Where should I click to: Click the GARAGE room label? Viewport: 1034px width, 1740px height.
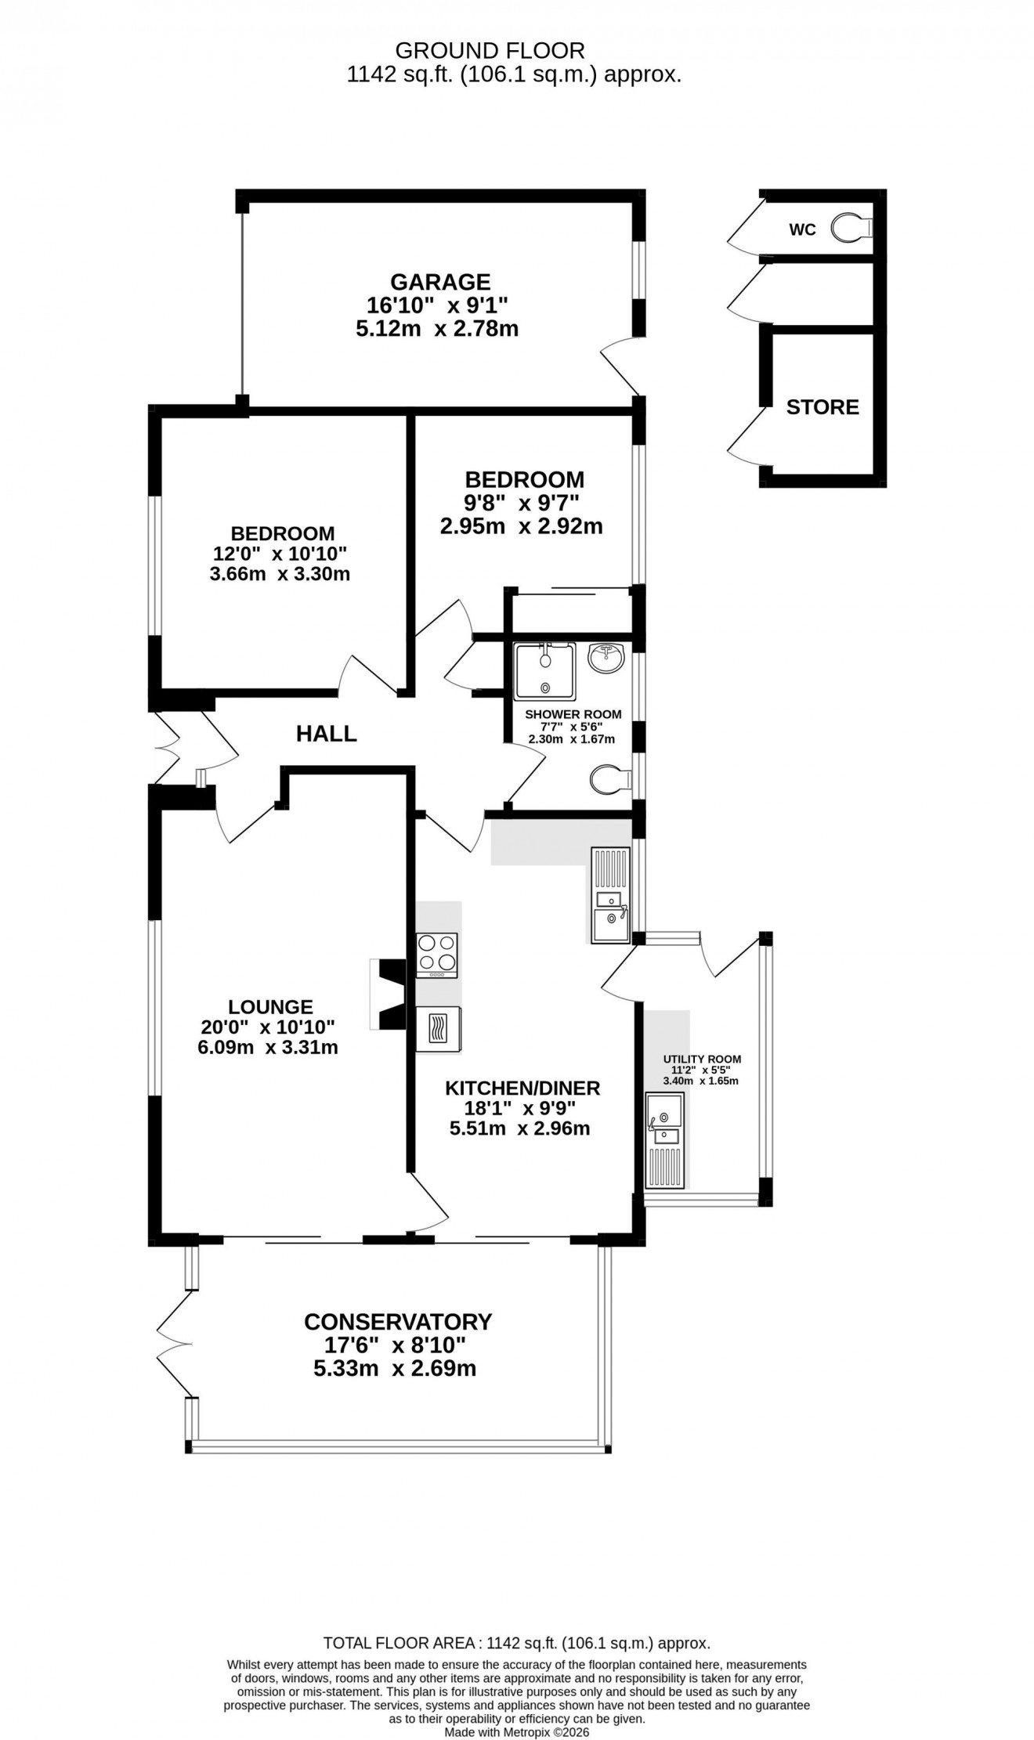click(x=440, y=281)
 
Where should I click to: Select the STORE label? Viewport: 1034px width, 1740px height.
click(x=822, y=406)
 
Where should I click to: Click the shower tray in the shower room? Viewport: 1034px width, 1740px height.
click(x=544, y=671)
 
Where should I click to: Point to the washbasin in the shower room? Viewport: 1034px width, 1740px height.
click(x=609, y=658)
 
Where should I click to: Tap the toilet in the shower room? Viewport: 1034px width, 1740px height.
click(x=609, y=779)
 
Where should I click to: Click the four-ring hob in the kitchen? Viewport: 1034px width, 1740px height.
click(x=437, y=955)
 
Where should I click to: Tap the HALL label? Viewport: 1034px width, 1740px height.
click(x=327, y=734)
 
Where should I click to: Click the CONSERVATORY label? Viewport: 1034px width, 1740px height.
click(x=398, y=1322)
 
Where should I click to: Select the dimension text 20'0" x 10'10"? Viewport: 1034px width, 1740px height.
click(x=270, y=1027)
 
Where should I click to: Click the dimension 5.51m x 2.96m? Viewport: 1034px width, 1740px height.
click(x=519, y=1128)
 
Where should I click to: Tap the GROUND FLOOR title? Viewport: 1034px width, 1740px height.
click(x=490, y=51)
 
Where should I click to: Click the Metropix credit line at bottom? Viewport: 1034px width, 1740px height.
click(x=517, y=1733)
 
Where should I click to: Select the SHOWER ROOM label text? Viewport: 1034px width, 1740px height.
click(x=573, y=714)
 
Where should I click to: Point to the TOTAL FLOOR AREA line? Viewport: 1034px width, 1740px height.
click(x=517, y=1643)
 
